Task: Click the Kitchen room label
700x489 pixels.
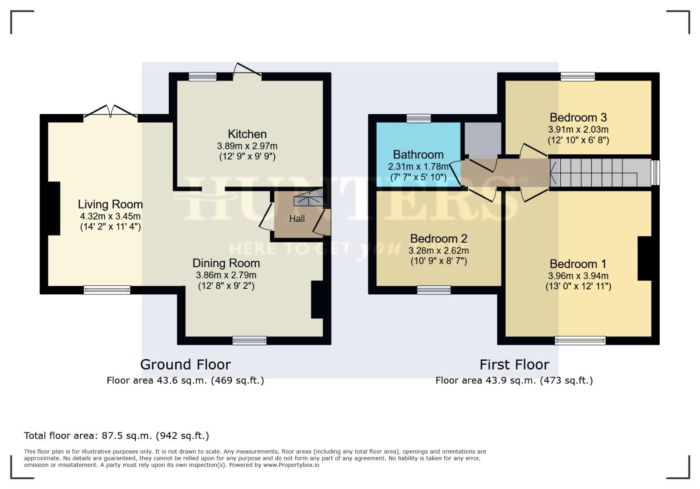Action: tap(247, 134)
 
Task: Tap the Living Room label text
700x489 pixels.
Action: tap(110, 204)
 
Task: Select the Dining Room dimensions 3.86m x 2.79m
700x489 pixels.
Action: tap(226, 275)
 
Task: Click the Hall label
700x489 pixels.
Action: tap(297, 219)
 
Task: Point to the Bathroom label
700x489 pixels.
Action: tap(418, 154)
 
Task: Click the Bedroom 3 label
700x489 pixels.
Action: tap(578, 118)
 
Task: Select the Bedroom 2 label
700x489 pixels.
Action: tap(438, 239)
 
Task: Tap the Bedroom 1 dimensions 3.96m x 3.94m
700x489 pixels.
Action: tap(578, 276)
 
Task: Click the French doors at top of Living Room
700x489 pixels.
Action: tap(111, 113)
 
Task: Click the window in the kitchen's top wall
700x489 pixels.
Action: tap(203, 77)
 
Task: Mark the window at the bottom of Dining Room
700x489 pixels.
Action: tap(249, 340)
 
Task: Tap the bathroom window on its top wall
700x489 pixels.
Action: tap(418, 119)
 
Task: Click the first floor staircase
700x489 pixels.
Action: tap(598, 172)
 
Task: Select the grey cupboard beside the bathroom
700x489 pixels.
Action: tap(482, 138)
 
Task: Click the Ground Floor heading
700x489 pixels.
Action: tap(185, 364)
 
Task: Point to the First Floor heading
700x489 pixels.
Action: tap(514, 364)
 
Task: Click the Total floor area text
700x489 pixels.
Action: tap(117, 436)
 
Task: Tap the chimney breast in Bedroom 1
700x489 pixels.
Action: tap(644, 259)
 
